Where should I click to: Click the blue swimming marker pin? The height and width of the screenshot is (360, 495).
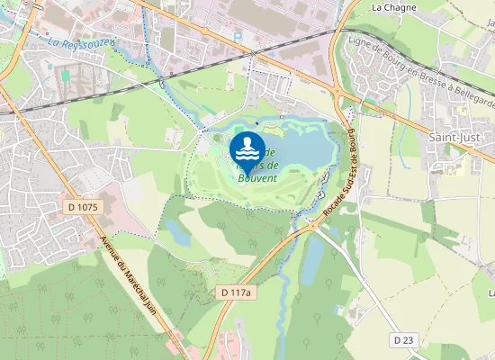click(247, 150)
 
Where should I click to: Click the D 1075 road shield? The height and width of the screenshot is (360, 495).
click(85, 207)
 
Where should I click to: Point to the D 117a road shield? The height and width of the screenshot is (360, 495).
click(238, 293)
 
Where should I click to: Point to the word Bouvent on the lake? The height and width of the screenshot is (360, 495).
click(257, 178)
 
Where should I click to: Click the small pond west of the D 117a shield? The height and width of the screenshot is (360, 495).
click(177, 232)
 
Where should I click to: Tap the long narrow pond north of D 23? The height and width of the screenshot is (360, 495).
click(312, 261)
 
